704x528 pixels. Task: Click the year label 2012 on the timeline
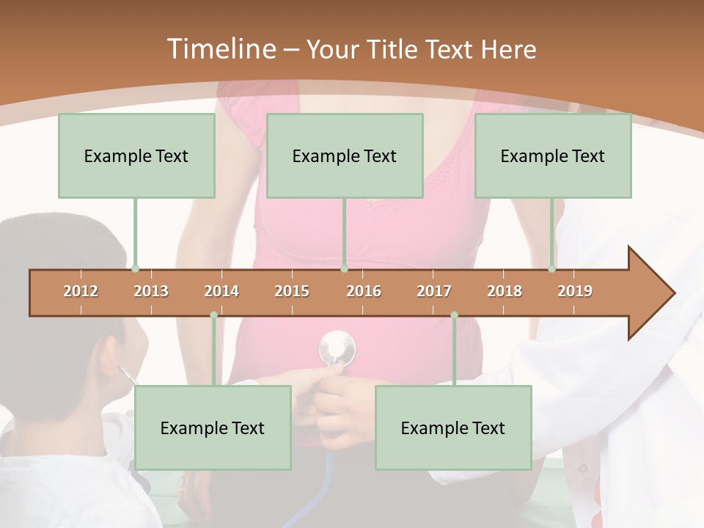(x=81, y=291)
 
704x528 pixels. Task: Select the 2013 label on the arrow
(x=151, y=291)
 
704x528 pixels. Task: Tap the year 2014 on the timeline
(x=221, y=291)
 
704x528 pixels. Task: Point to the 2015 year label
(x=292, y=291)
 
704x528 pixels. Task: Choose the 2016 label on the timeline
(x=364, y=291)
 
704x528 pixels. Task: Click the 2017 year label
(x=434, y=291)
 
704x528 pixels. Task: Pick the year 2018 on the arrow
(x=505, y=291)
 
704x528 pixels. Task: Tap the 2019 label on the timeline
(x=575, y=291)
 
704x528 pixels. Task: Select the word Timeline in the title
(x=220, y=49)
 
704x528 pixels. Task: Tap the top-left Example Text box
(x=136, y=155)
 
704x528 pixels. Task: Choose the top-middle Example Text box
(x=345, y=155)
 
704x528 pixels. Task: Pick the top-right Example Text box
(x=553, y=155)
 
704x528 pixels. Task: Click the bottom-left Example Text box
(x=213, y=428)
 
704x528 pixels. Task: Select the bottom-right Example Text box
(x=453, y=428)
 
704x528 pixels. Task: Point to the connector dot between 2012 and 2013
(x=135, y=268)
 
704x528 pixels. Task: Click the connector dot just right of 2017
(x=454, y=315)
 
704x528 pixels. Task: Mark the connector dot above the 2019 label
(x=552, y=268)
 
